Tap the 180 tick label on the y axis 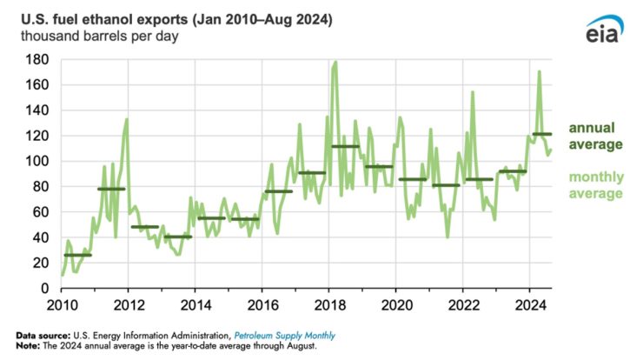tap(36, 60)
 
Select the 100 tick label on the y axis tap(36, 162)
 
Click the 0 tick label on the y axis tap(43, 288)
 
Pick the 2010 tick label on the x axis tap(61, 305)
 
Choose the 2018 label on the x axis tap(328, 305)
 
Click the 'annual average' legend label tap(596, 136)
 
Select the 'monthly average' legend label tap(596, 185)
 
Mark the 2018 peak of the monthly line tap(335, 62)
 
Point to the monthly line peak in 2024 tap(540, 72)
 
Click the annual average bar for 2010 tap(77, 255)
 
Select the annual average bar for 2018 tap(345, 146)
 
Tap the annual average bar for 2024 tap(541, 134)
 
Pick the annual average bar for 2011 tap(111, 189)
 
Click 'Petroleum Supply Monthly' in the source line tap(286, 336)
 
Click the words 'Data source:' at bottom tap(44, 336)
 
